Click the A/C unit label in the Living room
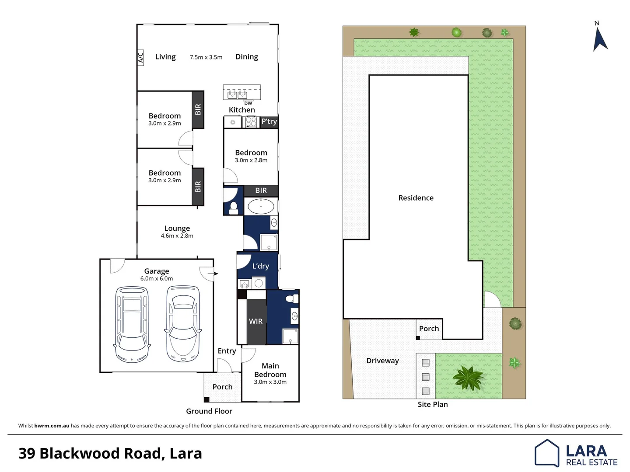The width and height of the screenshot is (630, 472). coord(141,58)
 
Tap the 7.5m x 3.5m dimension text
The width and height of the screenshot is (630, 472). coord(206,57)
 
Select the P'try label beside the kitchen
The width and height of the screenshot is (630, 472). coord(269,121)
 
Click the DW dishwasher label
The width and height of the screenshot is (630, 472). coord(248,104)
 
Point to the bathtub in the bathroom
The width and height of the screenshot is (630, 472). coord(261,206)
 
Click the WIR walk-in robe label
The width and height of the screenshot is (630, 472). coord(255,321)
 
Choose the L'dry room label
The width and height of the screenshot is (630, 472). coord(260,266)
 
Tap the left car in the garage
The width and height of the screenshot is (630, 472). coord(132,324)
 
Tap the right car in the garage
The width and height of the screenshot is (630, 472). coord(183,324)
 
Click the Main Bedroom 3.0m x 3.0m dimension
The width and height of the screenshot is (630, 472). coord(270,382)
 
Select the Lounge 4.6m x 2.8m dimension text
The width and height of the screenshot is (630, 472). coord(177,236)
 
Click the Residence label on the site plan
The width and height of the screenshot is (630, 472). coord(416,198)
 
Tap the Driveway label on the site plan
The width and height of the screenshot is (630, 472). coord(382,361)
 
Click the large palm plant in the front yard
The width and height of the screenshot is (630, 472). coord(468,376)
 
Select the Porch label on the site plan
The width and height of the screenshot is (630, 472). coord(429,329)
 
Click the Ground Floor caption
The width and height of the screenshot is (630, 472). coord(209,411)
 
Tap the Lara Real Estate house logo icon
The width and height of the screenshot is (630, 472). coord(547,453)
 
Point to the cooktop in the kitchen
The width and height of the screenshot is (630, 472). coord(251,122)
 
